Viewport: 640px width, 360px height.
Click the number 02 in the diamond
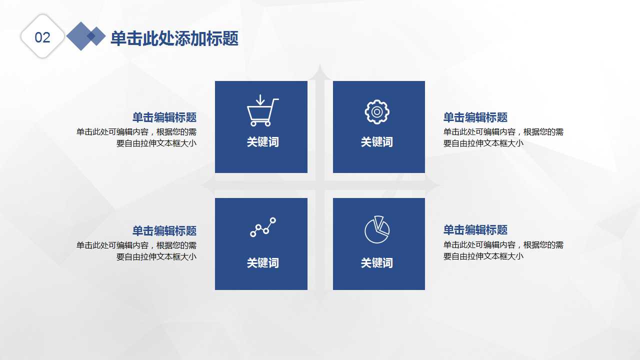[42, 37]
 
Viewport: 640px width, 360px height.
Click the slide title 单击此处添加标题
[174, 38]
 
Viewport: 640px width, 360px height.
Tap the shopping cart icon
[261, 111]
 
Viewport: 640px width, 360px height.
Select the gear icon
[377, 111]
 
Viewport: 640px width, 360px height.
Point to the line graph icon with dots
[263, 227]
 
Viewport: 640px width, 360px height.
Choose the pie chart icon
[377, 229]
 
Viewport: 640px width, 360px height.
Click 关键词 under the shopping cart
[262, 142]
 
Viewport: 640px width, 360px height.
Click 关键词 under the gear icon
[377, 142]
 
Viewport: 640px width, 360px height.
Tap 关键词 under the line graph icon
[262, 263]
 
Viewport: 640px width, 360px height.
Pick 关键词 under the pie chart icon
[377, 263]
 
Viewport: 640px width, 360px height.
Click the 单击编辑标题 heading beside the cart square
[164, 117]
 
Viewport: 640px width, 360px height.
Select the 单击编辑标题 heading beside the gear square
[475, 117]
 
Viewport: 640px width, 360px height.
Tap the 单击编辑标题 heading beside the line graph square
[164, 231]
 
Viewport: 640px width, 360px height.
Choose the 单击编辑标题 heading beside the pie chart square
[475, 230]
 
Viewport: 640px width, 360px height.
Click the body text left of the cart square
[136, 137]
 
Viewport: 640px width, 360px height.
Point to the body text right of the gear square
[503, 137]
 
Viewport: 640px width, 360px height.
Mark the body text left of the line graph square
[136, 251]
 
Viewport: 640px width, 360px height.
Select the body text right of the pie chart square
[503, 250]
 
